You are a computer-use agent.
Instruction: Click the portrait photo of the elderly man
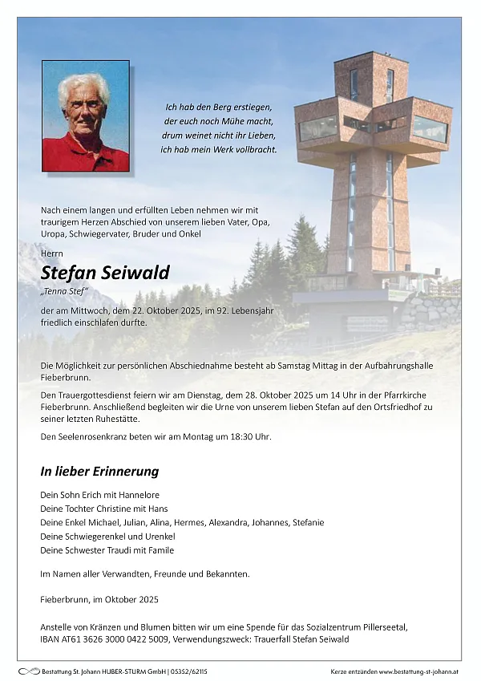86,116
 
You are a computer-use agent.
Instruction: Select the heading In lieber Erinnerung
99,472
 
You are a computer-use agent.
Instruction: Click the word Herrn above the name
51,253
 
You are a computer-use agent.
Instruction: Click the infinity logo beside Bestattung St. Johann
28,671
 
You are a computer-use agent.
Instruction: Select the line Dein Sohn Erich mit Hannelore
99,495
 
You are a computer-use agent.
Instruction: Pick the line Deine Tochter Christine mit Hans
104,509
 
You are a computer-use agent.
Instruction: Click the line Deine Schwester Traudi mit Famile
107,550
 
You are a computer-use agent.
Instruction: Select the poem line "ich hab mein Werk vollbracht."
219,150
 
